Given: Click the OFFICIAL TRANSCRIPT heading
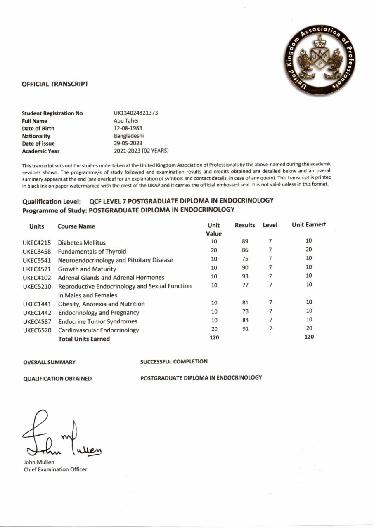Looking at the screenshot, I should click(x=55, y=84).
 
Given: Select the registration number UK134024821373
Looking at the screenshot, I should click(x=136, y=113).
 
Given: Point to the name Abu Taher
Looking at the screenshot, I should click(x=126, y=121).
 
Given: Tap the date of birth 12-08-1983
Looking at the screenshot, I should click(x=128, y=128).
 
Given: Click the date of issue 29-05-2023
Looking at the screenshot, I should click(x=128, y=144).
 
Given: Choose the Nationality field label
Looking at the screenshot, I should click(x=36, y=136).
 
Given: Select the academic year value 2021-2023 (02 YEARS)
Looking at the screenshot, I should click(x=141, y=151).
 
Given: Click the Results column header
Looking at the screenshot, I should click(x=245, y=225).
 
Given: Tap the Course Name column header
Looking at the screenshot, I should click(x=76, y=226).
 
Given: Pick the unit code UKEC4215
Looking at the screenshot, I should click(x=37, y=243).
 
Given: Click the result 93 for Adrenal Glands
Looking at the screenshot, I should click(x=245, y=276).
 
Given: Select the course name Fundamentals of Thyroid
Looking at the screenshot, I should click(x=92, y=252).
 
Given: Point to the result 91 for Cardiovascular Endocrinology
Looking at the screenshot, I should click(x=245, y=329).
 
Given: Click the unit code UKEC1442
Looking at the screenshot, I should click(x=37, y=313).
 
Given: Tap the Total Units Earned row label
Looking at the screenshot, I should click(x=84, y=339).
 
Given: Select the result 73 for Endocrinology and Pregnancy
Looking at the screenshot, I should click(x=245, y=311).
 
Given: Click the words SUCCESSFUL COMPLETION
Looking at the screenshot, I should click(x=174, y=362).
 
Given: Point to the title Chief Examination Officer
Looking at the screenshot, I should click(x=55, y=469).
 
